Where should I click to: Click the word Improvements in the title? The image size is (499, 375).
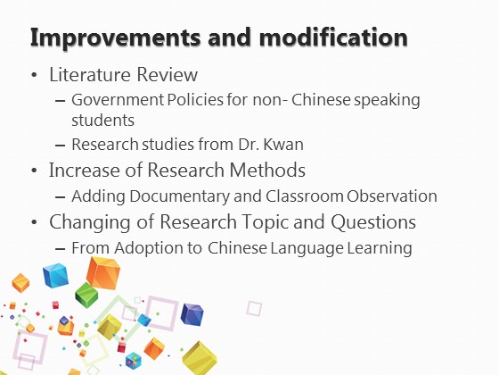[115, 37]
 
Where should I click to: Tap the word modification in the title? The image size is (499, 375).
[333, 37]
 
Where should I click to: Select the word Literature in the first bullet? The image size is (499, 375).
[90, 74]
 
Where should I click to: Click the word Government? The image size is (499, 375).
[118, 99]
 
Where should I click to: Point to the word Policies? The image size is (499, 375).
[195, 99]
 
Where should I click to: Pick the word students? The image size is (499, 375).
[102, 121]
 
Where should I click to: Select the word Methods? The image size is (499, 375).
[267, 170]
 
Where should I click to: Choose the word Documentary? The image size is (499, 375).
[179, 196]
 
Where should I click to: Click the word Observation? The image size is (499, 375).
[392, 196]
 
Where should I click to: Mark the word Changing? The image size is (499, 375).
[90, 222]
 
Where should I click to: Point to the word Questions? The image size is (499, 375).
[373, 221]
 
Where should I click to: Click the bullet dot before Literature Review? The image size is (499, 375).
[35, 76]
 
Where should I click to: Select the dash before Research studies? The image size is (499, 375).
[61, 146]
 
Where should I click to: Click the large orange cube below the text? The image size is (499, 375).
[103, 273]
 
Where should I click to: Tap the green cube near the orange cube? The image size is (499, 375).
[86, 295]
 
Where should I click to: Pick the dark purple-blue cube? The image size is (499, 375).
[192, 314]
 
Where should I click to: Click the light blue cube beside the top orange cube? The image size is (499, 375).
[56, 275]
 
